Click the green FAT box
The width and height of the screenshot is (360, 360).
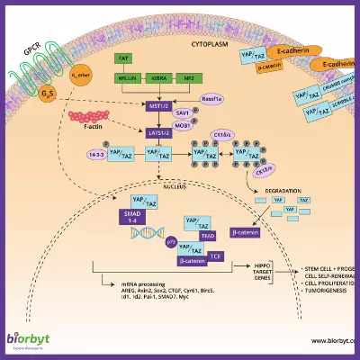point(124,58)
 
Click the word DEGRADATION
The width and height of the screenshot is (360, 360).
point(283,191)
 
